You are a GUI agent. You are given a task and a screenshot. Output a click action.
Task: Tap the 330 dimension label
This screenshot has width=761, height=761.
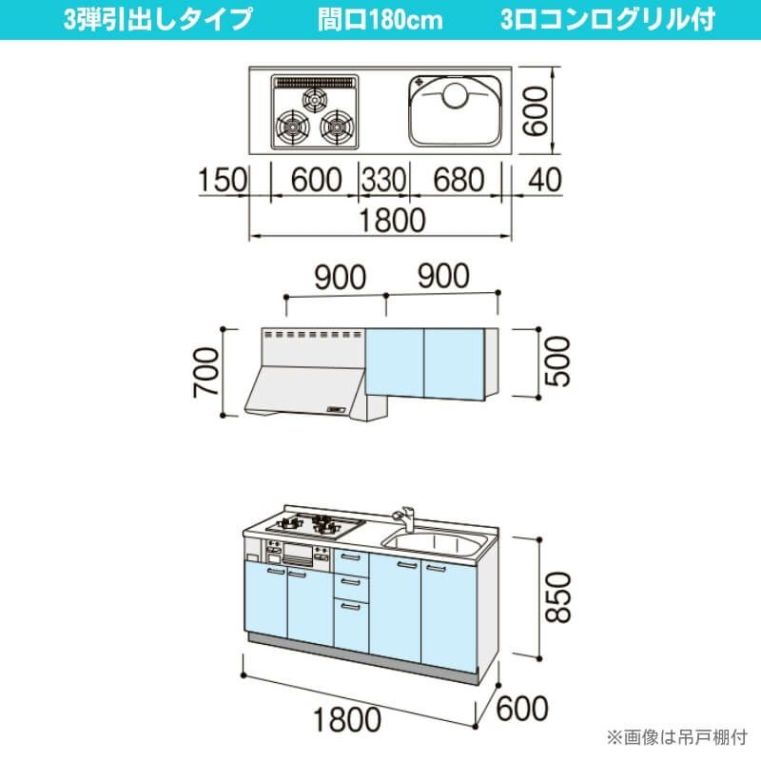tap(383, 181)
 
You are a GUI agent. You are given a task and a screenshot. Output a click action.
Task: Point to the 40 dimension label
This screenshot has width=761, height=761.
tap(538, 181)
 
